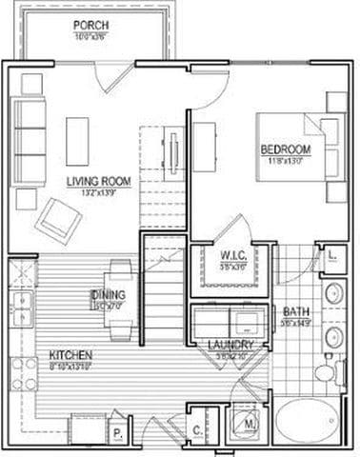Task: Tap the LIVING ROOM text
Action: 98,180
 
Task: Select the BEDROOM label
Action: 287,150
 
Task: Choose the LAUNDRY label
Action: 230,344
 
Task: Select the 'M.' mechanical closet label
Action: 251,423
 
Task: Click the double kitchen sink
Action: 22,307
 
